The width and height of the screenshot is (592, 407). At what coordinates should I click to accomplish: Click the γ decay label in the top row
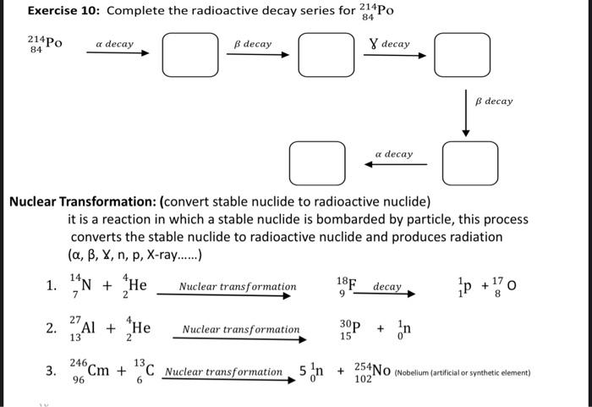coord(390,43)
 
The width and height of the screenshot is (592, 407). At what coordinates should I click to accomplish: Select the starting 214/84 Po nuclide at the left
coord(44,46)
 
